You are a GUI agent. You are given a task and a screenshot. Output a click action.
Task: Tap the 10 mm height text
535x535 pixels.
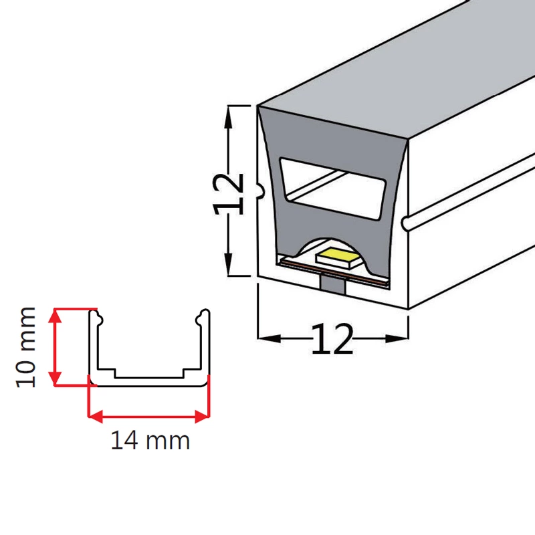(27, 347)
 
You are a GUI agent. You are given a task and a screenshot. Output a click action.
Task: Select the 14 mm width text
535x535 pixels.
(150, 441)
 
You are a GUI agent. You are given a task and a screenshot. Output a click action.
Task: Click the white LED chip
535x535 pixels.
(339, 256)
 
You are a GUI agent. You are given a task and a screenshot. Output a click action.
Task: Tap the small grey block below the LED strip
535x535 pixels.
(333, 284)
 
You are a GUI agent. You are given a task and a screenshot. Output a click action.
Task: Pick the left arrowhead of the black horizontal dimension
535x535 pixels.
(263, 338)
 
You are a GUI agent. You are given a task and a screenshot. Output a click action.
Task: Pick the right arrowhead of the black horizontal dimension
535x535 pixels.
(403, 338)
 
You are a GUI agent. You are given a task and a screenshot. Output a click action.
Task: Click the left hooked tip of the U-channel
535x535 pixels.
(95, 315)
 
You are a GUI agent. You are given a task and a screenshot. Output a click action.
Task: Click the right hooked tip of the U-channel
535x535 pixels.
(203, 315)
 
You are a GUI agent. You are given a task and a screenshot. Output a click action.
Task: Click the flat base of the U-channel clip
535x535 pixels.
(149, 382)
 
